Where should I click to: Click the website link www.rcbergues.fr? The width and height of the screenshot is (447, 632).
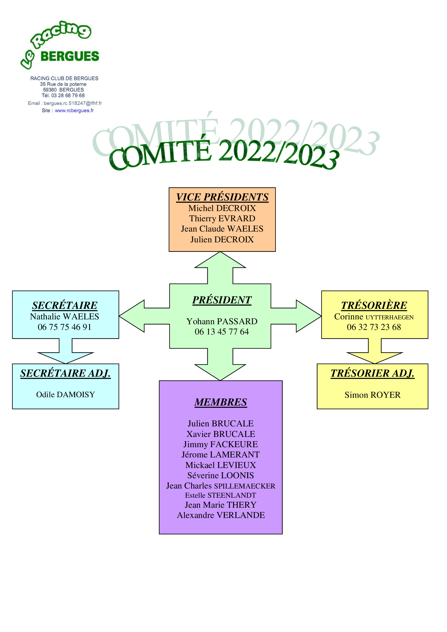74,111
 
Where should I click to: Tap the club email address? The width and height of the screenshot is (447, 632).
73,103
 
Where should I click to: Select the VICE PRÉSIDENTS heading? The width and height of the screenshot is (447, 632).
222,197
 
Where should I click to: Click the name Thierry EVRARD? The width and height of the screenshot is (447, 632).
222,218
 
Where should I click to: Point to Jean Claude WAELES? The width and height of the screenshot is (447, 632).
222,229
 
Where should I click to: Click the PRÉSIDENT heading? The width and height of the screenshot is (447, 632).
222,300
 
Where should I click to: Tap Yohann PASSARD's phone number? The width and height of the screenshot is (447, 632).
222,332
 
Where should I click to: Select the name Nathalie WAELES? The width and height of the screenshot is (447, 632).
64,317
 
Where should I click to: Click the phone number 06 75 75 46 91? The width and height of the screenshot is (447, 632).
64,327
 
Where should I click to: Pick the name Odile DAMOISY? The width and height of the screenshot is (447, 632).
65,394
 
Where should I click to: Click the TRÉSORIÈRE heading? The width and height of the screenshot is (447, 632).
374,306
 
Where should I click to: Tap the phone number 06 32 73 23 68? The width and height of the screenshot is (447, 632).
374,327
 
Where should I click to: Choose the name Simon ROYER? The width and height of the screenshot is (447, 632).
372,395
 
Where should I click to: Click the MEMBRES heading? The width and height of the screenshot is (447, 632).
221,402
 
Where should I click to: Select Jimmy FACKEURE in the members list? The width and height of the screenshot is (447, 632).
221,444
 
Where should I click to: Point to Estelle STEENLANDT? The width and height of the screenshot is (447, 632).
221,495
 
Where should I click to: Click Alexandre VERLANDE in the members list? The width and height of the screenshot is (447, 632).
221,515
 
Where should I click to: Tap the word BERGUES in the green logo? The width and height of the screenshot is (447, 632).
70,56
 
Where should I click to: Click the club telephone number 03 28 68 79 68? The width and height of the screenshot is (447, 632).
68,95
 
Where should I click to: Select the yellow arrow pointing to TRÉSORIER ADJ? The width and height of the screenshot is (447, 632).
375,351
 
